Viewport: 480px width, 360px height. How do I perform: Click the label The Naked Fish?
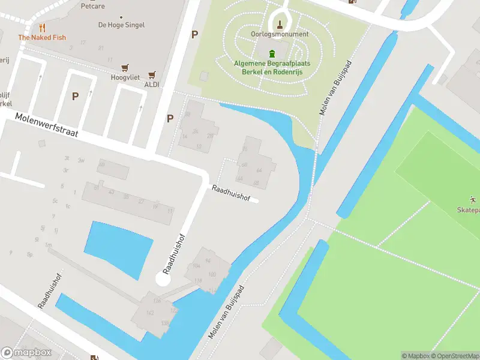(x=42, y=37)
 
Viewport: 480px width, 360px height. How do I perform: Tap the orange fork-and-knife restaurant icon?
(x=42, y=28)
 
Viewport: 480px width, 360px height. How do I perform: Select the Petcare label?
(x=93, y=5)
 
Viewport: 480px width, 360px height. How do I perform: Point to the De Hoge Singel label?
(x=121, y=25)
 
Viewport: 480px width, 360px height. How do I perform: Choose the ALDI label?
(x=152, y=85)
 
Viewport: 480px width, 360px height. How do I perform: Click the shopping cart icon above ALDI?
(x=152, y=75)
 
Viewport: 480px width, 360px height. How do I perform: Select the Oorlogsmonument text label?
(x=280, y=34)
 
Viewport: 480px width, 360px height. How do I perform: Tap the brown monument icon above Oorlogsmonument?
(x=280, y=25)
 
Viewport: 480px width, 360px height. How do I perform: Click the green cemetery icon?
(x=273, y=53)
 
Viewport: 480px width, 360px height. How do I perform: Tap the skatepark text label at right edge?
(x=468, y=210)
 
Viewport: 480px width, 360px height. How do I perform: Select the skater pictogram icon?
(x=473, y=199)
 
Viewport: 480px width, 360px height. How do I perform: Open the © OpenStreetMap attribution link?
(x=454, y=356)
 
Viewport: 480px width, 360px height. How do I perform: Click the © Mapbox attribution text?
(x=415, y=356)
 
